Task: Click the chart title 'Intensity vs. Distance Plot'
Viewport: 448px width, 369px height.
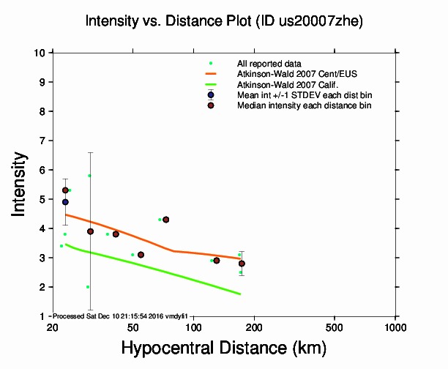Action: click(x=168, y=22)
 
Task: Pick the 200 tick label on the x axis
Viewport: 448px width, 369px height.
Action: click(x=254, y=327)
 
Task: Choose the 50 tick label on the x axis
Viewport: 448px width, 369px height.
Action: click(x=132, y=327)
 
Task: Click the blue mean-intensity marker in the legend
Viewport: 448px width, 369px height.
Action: click(x=211, y=95)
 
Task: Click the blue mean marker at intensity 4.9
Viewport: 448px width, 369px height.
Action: click(x=65, y=202)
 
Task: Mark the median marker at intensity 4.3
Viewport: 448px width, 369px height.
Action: click(x=166, y=220)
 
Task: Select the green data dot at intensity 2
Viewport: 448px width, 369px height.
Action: click(x=88, y=287)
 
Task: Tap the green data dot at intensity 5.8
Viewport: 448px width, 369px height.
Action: click(x=89, y=176)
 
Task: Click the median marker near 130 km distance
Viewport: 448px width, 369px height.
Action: click(x=217, y=261)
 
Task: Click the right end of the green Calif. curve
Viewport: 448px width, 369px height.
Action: click(x=241, y=294)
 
